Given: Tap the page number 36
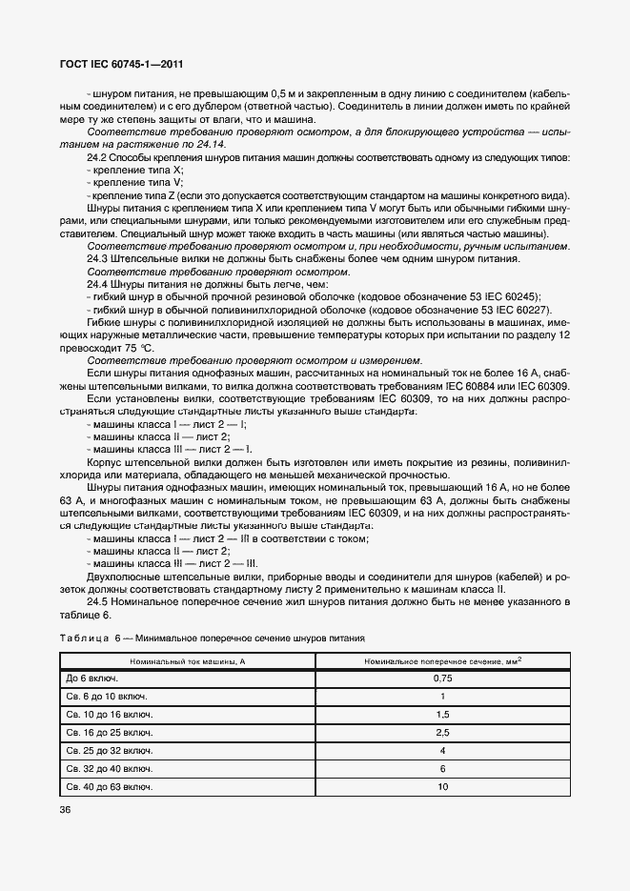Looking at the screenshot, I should click(66, 809).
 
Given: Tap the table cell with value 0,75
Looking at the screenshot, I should click(442, 678).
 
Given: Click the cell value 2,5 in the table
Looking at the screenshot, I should click(442, 732).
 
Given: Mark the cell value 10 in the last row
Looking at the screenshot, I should click(442, 786).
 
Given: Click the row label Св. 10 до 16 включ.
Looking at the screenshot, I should click(109, 714).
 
